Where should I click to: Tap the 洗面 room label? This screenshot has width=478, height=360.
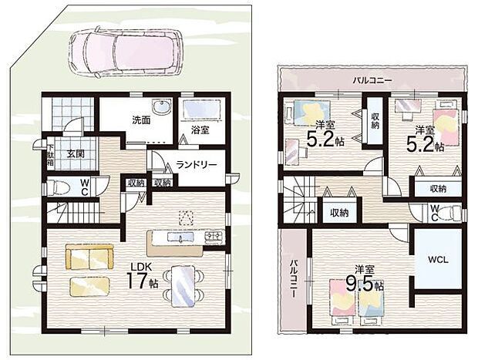[141, 120]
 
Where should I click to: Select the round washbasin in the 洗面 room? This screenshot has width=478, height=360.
[162, 107]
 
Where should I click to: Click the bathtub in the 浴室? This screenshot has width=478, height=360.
[201, 109]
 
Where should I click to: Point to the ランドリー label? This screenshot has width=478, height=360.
[197, 165]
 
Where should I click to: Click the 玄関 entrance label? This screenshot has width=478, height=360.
[76, 154]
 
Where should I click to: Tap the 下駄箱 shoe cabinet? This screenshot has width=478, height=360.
[50, 155]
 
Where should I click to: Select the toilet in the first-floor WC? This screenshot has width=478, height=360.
[59, 187]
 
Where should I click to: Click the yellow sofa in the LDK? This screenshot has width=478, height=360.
[89, 257]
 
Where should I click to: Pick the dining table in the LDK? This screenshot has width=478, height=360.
[183, 286]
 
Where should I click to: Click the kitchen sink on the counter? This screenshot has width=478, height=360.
[180, 237]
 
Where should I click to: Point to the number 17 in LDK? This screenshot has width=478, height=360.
[137, 281]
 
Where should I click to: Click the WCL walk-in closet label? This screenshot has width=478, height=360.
[438, 260]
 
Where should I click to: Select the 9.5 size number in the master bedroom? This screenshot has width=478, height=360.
[360, 284]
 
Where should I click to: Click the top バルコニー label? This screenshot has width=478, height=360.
[372, 81]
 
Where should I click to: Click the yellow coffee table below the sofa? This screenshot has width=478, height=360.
[89, 287]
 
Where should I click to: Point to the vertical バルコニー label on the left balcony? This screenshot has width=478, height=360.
[294, 278]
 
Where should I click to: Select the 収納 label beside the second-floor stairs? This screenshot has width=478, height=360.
[339, 213]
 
